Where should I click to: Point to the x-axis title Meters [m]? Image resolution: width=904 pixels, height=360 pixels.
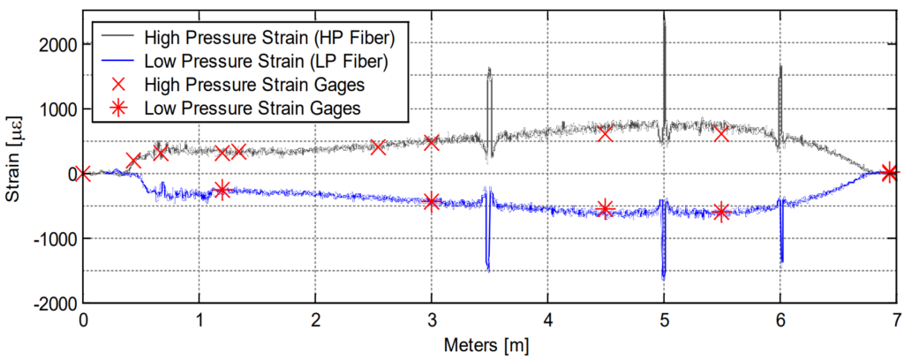(x=490, y=345)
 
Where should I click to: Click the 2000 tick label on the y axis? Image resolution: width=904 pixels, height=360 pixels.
(x=56, y=45)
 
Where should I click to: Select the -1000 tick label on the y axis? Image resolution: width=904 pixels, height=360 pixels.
(x=54, y=238)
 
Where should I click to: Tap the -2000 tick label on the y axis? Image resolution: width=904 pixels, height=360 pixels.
(x=54, y=303)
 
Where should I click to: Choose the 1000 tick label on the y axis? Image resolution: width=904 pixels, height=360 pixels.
(x=56, y=109)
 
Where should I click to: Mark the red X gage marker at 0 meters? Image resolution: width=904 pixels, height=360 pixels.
(x=83, y=173)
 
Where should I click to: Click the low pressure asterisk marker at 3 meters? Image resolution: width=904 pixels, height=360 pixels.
(x=432, y=202)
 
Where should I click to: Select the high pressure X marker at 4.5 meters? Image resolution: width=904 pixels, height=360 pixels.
(x=606, y=133)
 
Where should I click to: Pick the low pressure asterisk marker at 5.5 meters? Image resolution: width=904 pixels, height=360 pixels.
(x=721, y=212)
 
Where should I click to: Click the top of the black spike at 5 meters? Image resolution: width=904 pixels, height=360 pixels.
(x=664, y=19)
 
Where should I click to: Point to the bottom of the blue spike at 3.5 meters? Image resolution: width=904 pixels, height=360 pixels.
(x=488, y=270)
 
